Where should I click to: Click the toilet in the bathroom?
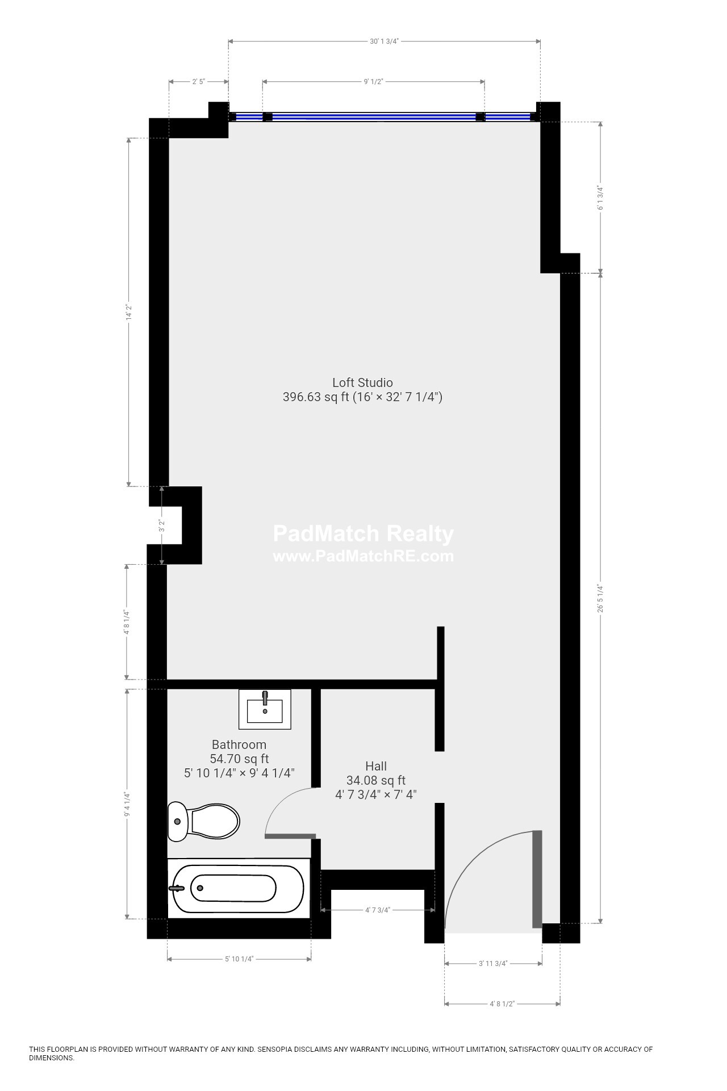click(203, 821)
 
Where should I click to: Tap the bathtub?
click(239, 888)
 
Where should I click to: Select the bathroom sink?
click(265, 709)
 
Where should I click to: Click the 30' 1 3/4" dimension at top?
click(385, 41)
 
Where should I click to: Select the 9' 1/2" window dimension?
click(374, 82)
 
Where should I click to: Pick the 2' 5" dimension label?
click(199, 82)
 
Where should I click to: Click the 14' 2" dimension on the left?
click(129, 312)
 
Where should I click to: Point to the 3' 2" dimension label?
click(162, 526)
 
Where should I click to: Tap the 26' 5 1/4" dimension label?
click(600, 598)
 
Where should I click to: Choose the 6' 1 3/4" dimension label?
click(600, 198)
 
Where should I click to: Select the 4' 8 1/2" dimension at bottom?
click(502, 1004)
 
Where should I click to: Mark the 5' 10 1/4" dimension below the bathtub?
click(239, 959)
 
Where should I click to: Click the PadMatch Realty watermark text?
click(363, 534)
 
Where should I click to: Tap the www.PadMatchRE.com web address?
click(363, 556)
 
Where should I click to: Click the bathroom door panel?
click(290, 836)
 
